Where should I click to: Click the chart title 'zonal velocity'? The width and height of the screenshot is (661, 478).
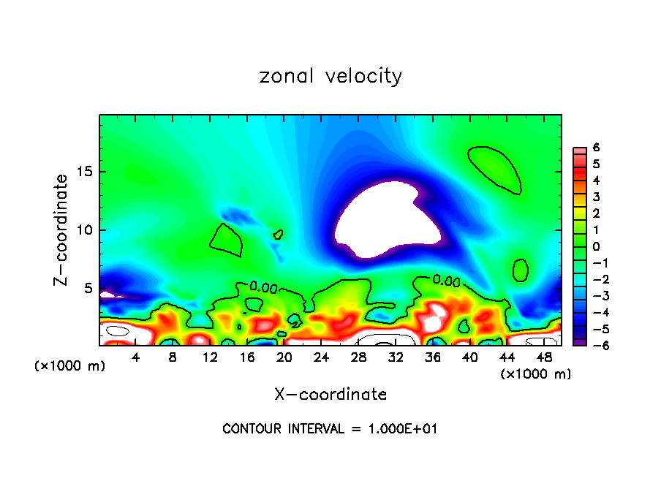[330, 77]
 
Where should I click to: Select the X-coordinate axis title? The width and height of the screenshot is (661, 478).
[330, 395]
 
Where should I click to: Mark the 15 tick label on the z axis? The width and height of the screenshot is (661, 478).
[85, 172]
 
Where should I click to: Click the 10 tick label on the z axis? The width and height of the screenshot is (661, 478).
[85, 230]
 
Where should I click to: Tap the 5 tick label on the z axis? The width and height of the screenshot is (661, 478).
[88, 288]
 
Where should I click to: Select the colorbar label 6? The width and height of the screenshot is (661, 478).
[597, 147]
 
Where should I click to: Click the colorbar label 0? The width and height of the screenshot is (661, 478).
[597, 246]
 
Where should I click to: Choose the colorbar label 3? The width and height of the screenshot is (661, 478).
[597, 197]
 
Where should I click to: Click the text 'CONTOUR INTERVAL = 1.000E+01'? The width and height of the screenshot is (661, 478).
[330, 429]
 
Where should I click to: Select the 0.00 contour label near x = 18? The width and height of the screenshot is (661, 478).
[263, 287]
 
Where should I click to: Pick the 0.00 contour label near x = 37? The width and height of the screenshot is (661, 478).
[446, 280]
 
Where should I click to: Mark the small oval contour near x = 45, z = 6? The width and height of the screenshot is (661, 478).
[521, 270]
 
